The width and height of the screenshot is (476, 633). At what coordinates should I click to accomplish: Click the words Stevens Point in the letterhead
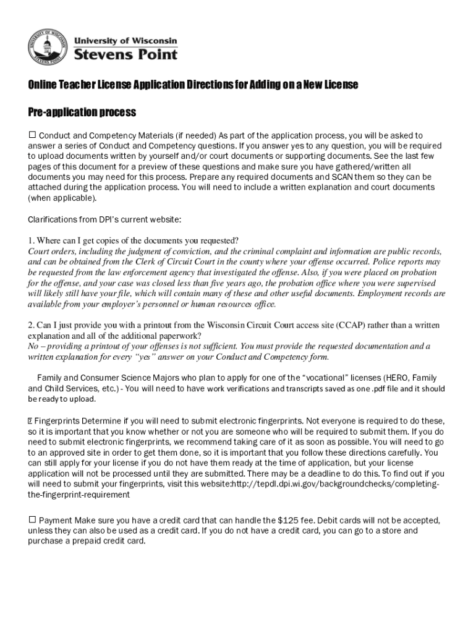click(x=125, y=54)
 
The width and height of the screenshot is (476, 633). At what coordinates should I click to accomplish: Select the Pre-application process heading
click(x=82, y=113)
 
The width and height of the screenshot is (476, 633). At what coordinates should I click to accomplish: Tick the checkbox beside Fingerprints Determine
click(x=30, y=421)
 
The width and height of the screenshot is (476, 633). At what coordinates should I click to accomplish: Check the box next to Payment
click(x=32, y=520)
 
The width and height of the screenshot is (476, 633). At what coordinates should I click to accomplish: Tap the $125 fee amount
click(x=288, y=520)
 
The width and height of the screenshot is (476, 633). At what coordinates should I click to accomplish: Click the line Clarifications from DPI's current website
click(x=104, y=219)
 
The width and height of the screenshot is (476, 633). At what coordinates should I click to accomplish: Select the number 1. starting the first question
click(x=31, y=240)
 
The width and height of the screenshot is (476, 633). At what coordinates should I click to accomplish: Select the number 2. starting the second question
click(x=31, y=325)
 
